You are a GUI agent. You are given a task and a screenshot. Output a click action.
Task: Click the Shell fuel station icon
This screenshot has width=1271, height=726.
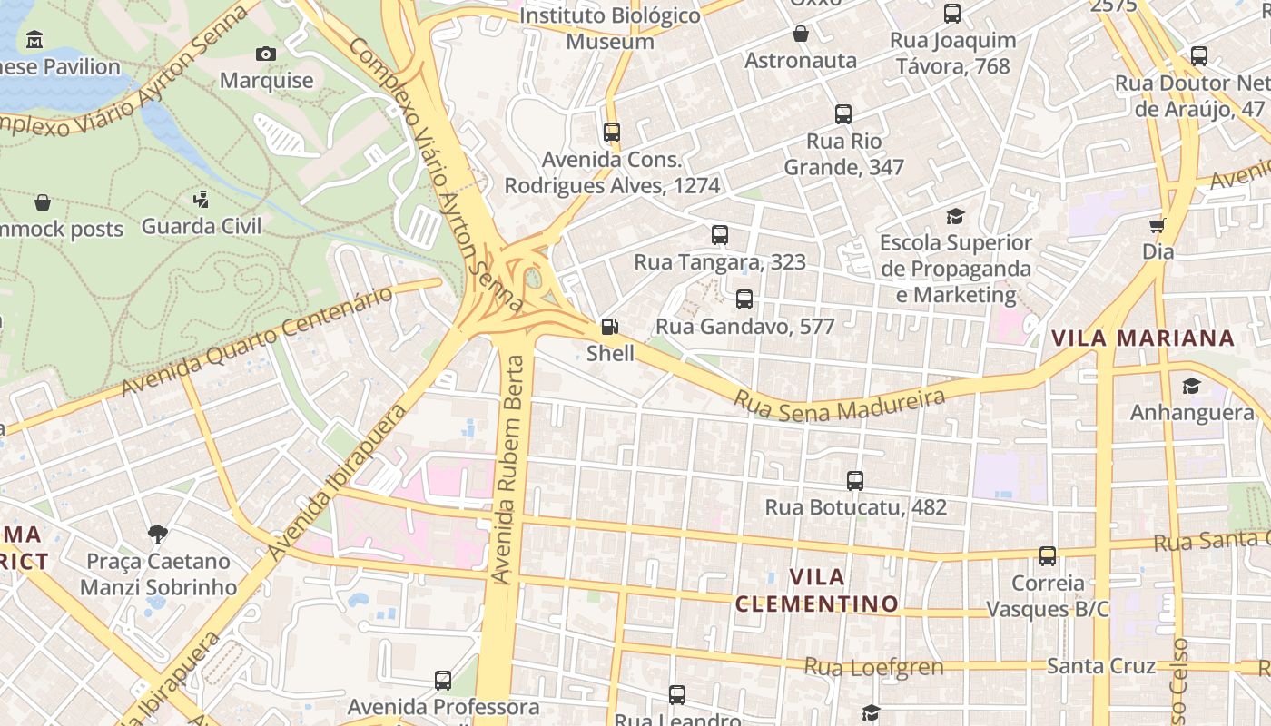pos(610,327)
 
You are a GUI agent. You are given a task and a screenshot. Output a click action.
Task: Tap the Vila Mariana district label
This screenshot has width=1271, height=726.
pos(1142,338)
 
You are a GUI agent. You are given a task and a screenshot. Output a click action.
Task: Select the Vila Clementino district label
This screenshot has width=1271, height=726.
pos(816,590)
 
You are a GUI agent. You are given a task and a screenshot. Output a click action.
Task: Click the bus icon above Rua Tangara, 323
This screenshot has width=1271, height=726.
pos(720,235)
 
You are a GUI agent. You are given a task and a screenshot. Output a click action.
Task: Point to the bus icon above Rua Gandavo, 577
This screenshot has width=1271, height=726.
pos(744,299)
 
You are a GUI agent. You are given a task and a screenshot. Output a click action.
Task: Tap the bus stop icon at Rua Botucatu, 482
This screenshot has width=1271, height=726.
pos(854,481)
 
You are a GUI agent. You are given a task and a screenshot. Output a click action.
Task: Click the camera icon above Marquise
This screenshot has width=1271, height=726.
pos(266,54)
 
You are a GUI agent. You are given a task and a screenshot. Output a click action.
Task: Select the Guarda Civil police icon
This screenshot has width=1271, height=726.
pos(202,199)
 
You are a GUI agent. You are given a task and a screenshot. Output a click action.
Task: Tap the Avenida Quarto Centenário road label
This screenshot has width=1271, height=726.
pos(259,341)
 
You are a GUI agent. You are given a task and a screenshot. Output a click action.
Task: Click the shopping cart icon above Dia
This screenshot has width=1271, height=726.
pos(1158,225)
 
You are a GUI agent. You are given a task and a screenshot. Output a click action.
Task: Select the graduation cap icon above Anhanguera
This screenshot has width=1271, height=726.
pos(1191,387)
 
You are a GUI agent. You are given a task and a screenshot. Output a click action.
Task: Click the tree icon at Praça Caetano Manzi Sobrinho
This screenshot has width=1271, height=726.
pos(158,535)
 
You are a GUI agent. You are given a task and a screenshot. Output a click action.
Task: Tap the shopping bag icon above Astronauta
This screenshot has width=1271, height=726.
pos(801,34)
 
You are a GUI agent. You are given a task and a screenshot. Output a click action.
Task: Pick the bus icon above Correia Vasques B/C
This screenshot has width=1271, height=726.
pos(1048,555)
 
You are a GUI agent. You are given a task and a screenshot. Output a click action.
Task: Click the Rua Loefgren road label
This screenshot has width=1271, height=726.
pos(873,667)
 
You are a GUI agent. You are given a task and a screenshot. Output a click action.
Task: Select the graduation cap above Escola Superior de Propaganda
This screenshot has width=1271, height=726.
pos(955,216)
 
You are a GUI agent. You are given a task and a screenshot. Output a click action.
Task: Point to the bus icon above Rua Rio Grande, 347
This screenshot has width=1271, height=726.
pos(843,114)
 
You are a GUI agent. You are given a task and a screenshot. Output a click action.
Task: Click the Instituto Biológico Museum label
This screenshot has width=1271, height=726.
pos(610,28)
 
